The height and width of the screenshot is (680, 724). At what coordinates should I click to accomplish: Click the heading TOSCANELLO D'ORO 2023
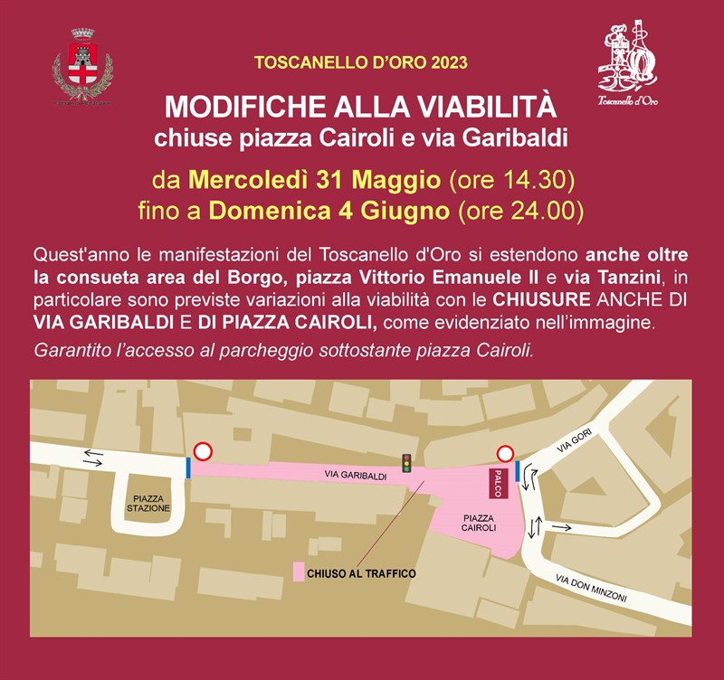(361, 63)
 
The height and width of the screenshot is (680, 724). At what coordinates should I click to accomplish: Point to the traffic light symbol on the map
(407, 462)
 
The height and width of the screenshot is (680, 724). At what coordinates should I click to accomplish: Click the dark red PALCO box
(497, 483)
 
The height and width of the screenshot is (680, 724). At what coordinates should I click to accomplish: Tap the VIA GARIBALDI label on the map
(356, 475)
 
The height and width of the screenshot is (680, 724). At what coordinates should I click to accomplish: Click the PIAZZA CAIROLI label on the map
(478, 521)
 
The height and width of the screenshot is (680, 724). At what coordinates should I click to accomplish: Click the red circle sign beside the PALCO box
(505, 455)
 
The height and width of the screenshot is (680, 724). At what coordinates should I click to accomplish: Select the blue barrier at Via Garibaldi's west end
(188, 467)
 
